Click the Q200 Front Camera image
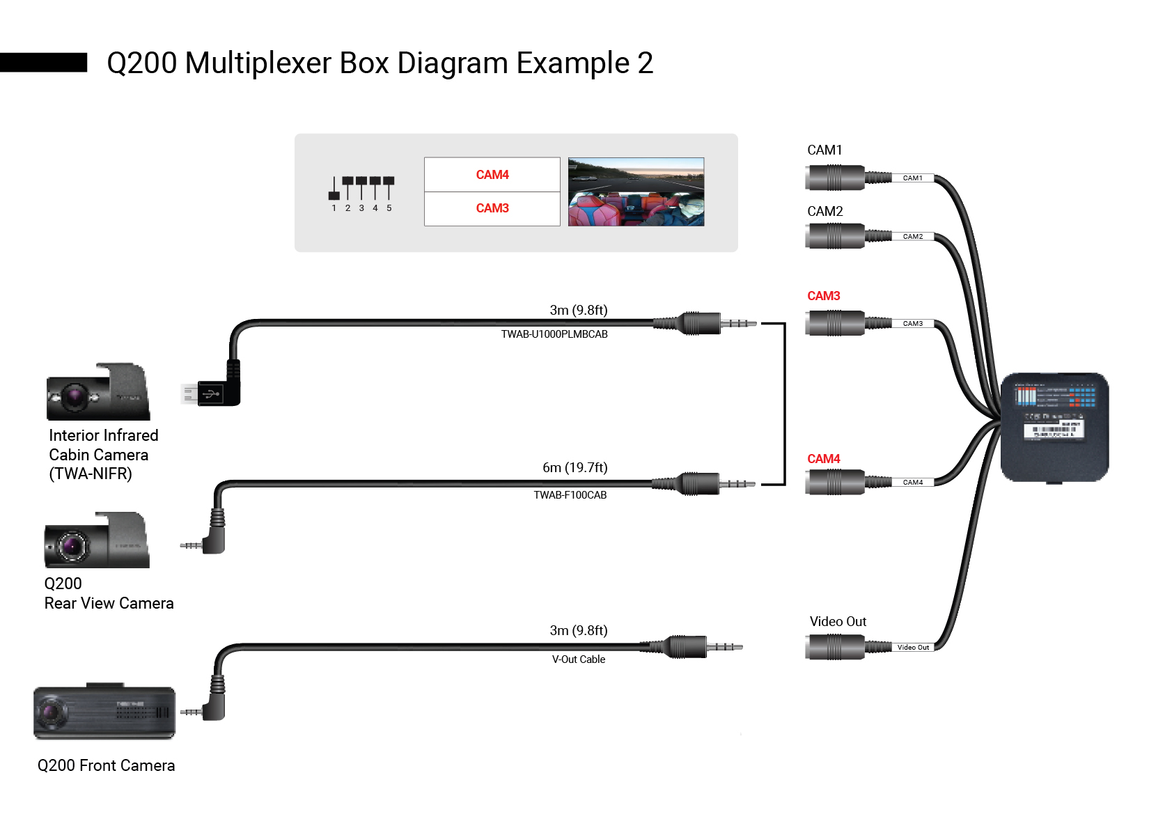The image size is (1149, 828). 104,712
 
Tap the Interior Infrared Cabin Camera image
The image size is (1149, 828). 98,393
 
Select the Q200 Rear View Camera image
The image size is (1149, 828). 97,542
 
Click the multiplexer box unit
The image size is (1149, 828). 1054,427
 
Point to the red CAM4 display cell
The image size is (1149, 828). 492,175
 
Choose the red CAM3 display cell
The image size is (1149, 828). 492,208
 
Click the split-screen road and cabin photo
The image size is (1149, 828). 636,192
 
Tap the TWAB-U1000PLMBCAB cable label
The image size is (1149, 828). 554,334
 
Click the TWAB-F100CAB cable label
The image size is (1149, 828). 570,495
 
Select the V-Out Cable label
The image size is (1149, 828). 578,659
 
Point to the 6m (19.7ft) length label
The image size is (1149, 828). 574,467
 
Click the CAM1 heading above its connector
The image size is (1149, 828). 824,150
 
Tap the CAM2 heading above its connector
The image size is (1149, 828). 824,212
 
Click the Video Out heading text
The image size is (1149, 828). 838,622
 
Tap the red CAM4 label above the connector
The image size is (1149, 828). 823,459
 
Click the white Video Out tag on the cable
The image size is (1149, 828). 913,648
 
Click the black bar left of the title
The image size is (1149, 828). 43,63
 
